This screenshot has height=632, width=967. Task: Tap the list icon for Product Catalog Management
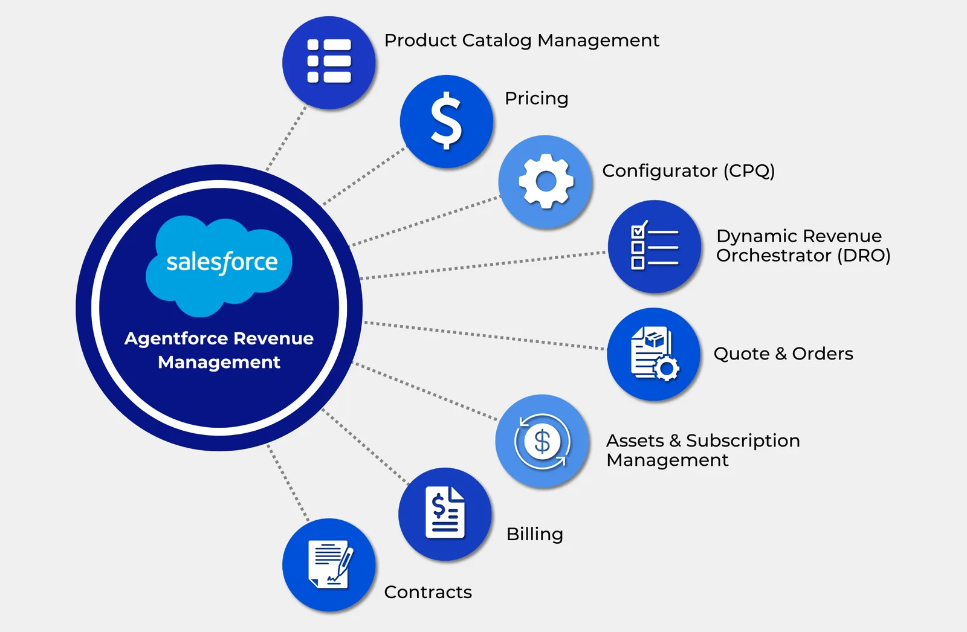pyautogui.click(x=329, y=62)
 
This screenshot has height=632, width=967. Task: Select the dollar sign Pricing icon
pyautogui.click(x=447, y=121)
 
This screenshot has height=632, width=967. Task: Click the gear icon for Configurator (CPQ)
pyautogui.click(x=546, y=181)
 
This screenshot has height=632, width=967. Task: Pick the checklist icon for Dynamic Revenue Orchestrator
pyautogui.click(x=655, y=247)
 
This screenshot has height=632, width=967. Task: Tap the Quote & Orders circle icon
pyautogui.click(x=654, y=354)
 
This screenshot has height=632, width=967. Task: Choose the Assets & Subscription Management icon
pyautogui.click(x=542, y=441)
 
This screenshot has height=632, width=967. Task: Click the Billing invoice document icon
pyautogui.click(x=445, y=514)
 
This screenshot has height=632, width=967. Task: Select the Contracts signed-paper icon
pyautogui.click(x=329, y=564)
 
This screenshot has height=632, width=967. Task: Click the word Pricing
pyautogui.click(x=536, y=98)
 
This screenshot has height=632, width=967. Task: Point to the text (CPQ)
pyautogui.click(x=749, y=171)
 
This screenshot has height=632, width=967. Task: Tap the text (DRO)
pyautogui.click(x=864, y=256)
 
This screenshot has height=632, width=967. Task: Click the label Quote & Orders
pyautogui.click(x=783, y=353)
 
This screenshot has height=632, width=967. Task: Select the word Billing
pyautogui.click(x=534, y=534)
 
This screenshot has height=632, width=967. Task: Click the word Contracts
pyautogui.click(x=428, y=592)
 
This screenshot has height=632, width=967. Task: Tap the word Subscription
pyautogui.click(x=743, y=440)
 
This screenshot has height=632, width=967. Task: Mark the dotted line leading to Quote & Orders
pyautogui.click(x=483, y=335)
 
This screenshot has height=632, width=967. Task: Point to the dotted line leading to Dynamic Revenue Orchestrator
pyautogui.click(x=483, y=266)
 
